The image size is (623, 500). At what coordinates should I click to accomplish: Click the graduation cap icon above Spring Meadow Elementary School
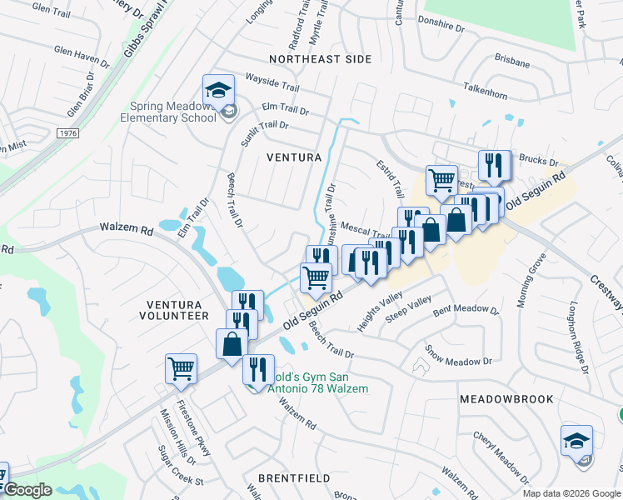pos(218,89)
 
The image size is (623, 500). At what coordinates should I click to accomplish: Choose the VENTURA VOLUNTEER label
pos(177,309)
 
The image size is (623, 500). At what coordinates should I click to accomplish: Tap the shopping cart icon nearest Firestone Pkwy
pos(182,367)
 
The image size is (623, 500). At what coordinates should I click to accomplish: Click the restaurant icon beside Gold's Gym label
pos(258,367)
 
